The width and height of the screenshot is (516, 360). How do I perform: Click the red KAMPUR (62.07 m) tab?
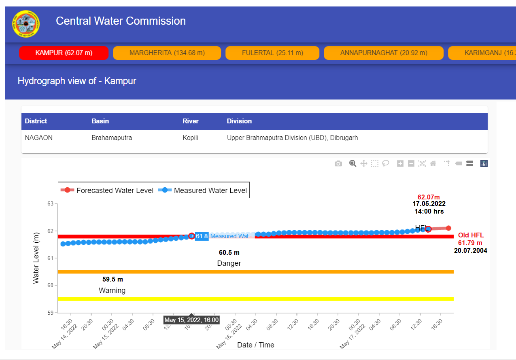64,53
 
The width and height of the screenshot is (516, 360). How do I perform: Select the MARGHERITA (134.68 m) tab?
167,53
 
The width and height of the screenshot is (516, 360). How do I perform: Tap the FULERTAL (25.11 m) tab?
272,53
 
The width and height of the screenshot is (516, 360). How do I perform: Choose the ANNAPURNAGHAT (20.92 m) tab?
383,53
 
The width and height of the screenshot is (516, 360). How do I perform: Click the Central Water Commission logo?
26,24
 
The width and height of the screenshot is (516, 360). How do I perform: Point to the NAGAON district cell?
38,138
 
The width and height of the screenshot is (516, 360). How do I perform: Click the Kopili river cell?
190,138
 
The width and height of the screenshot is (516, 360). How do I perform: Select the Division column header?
239,121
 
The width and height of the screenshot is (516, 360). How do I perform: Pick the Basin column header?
100,121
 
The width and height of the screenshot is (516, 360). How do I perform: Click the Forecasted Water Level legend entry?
107,191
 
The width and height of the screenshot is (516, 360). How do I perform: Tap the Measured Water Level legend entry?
204,191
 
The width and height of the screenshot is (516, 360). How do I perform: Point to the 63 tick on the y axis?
51,203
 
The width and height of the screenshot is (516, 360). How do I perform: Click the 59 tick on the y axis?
51,313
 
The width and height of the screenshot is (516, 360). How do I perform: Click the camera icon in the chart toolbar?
338,164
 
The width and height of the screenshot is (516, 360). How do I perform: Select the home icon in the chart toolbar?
433,164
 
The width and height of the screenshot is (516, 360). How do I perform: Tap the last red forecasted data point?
448,228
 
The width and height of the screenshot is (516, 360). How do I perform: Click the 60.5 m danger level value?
229,253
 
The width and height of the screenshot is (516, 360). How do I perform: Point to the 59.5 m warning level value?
113,280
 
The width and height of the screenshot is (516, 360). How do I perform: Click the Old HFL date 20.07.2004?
470,251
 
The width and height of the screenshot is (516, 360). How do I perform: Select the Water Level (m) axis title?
36,258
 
